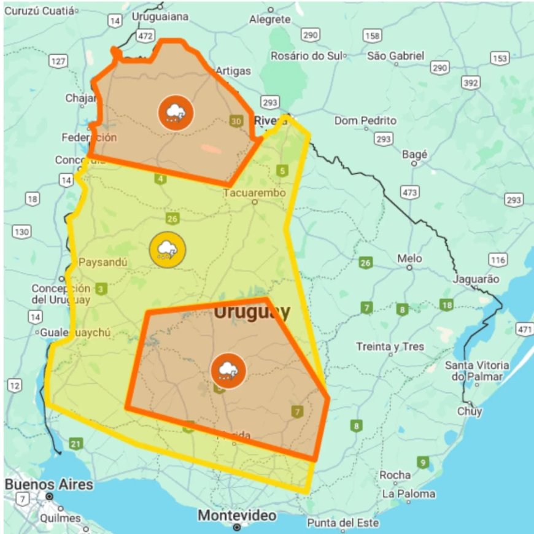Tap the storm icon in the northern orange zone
pyautogui.click(x=176, y=112)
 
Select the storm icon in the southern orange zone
pyautogui.click(x=228, y=371)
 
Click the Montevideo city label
pyautogui.click(x=237, y=515)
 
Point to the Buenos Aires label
pyautogui.click(x=49, y=484)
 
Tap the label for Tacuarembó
pyautogui.click(x=255, y=193)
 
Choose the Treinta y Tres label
pyautogui.click(x=390, y=347)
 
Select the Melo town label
pyautogui.click(x=409, y=258)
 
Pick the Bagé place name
pyautogui.click(x=414, y=155)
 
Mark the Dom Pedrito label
pyautogui.click(x=365, y=120)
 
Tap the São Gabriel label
pyautogui.click(x=395, y=56)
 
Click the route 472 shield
pyautogui.click(x=145, y=36)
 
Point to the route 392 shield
pyautogui.click(x=471, y=83)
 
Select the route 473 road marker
pyautogui.click(x=410, y=193)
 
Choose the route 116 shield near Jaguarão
pyautogui.click(x=498, y=260)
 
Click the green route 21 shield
pyautogui.click(x=76, y=444)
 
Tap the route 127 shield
pyautogui.click(x=58, y=61)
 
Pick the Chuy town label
pyautogui.click(x=470, y=411)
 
